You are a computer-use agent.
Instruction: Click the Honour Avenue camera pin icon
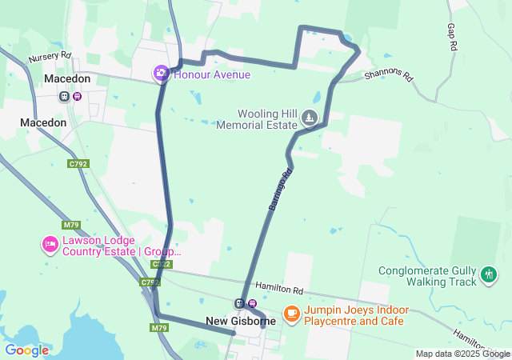(161, 74)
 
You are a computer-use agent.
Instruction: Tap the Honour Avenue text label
(212, 74)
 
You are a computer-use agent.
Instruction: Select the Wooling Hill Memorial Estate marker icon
(310, 119)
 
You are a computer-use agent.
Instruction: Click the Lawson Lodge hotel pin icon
(50, 244)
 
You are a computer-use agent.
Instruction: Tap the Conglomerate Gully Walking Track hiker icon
(489, 276)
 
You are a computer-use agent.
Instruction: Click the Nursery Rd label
(50, 58)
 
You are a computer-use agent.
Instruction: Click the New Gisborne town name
(241, 321)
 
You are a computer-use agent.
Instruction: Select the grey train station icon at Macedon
(64, 97)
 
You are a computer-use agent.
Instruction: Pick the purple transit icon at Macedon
(77, 97)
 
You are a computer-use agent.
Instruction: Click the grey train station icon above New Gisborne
(238, 303)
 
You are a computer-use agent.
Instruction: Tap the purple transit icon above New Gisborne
(252, 303)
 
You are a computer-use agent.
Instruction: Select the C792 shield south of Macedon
(78, 164)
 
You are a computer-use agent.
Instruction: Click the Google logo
(26, 350)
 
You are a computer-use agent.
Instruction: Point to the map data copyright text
(462, 354)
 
